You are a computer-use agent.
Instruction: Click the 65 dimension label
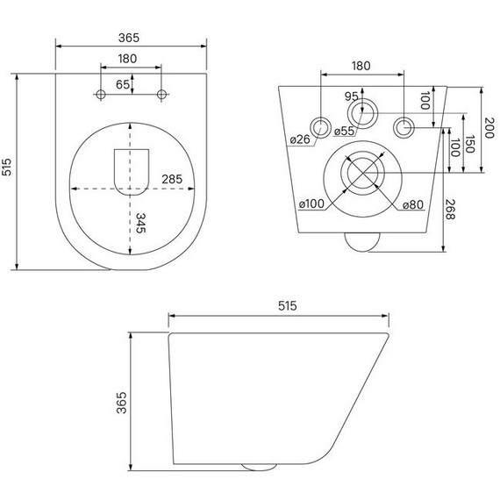(x=123, y=84)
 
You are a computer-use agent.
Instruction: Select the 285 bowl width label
(x=172, y=179)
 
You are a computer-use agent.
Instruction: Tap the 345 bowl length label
(x=140, y=223)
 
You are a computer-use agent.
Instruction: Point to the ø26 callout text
(x=300, y=139)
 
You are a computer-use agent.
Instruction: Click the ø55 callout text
(x=344, y=131)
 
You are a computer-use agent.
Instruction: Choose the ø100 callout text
(x=311, y=204)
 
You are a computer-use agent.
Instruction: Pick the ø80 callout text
(x=413, y=204)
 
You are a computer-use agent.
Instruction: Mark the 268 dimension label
(x=450, y=209)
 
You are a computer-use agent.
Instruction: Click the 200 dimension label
(x=489, y=127)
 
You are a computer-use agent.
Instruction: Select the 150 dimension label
(x=470, y=144)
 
